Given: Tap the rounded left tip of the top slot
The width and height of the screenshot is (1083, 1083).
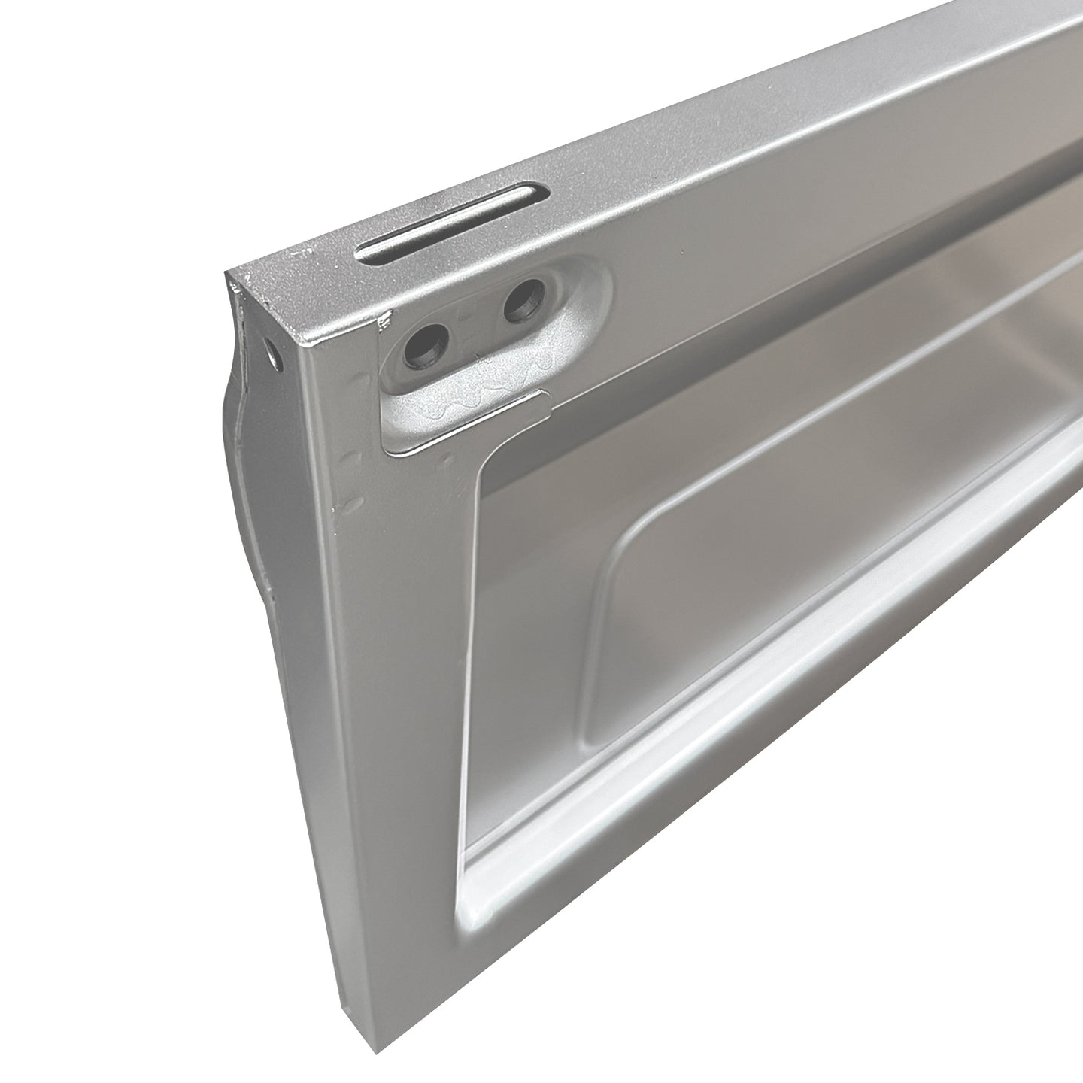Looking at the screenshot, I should coord(365,256).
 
